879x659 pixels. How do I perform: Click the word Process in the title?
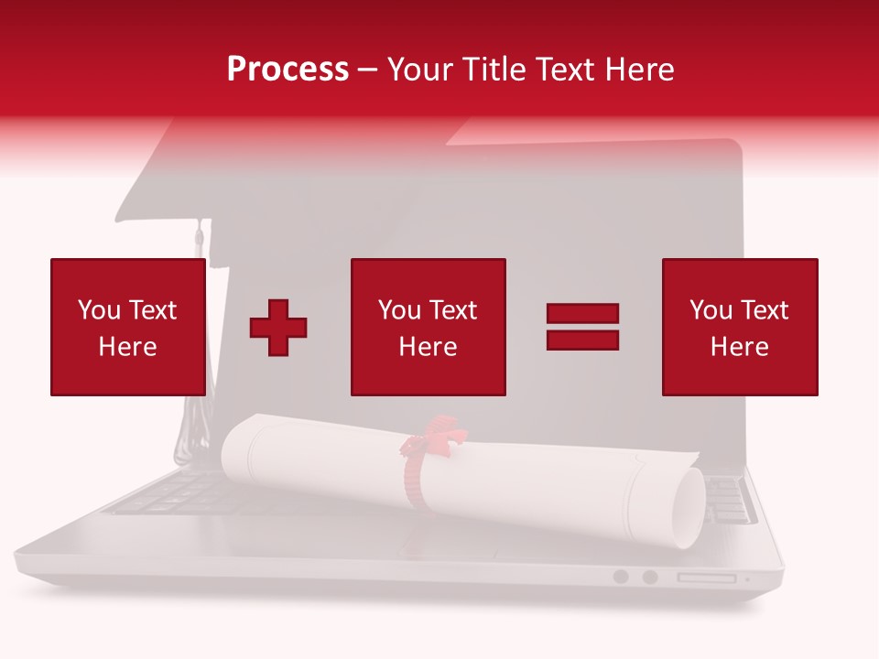coord(288,70)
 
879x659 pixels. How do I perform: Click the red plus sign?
coord(278,328)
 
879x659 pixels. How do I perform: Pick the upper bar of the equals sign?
coord(582,314)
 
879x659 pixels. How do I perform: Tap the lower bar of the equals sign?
coord(582,340)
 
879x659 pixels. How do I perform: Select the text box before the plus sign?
coord(128,327)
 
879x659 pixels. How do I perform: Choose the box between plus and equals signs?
coord(429,327)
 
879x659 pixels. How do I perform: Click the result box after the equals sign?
coord(740,327)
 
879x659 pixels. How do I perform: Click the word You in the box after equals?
coord(710,310)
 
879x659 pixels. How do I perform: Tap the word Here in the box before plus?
coord(128,347)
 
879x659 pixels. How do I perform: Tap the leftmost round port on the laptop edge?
coord(621,577)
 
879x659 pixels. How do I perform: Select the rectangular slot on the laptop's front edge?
coord(706,578)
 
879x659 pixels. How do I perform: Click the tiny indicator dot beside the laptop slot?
coord(747,578)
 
